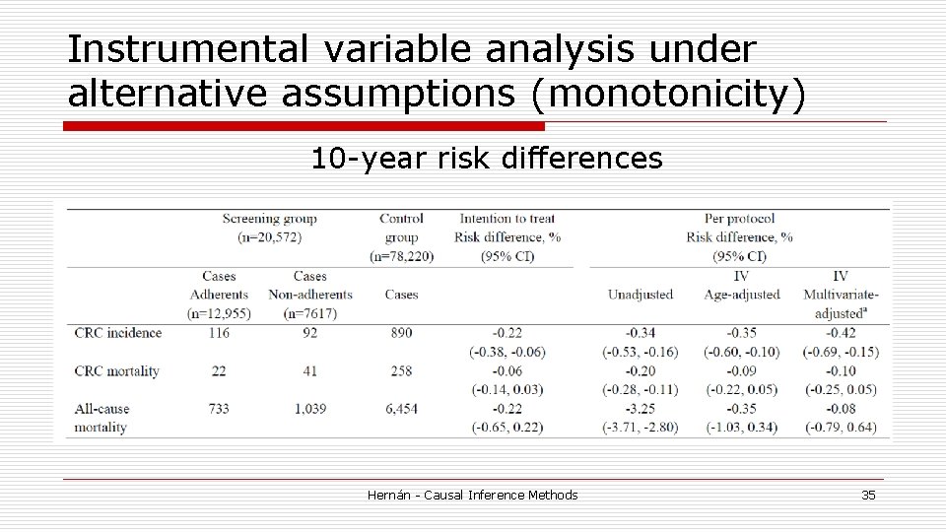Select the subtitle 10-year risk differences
pos(487,159)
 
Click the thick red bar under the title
pos(304,126)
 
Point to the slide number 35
pos(867,495)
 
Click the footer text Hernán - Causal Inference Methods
pos(472,495)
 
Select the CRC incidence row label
pos(118,333)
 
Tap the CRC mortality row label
pos(117,371)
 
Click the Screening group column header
pos(269,219)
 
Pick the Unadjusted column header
pos(640,295)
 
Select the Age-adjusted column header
pos(741,295)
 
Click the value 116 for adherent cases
pos(219,333)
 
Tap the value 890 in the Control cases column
pos(401,333)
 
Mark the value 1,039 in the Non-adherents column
pos(309,409)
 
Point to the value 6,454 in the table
pos(401,409)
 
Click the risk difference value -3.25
pos(640,409)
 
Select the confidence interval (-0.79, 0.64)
pos(841,428)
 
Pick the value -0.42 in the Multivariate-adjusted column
pos(841,333)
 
